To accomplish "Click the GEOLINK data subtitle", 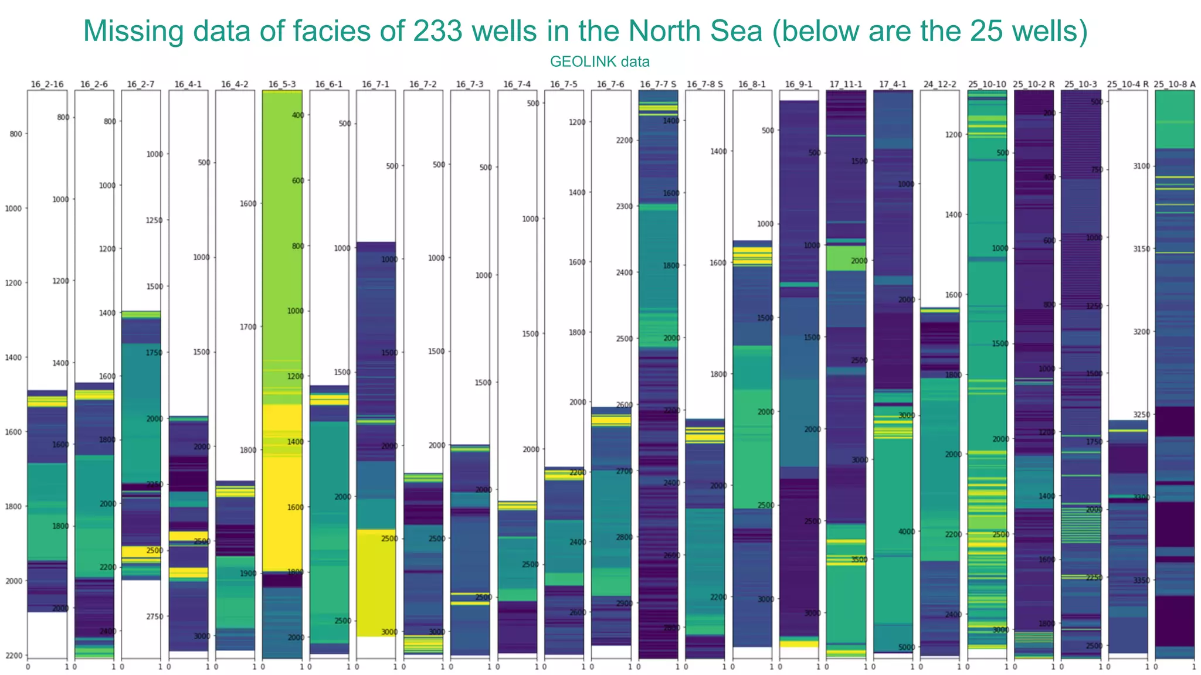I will coord(599,62).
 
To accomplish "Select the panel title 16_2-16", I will coord(47,84).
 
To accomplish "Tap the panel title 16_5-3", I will coord(282,84).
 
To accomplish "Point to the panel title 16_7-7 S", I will coord(658,84).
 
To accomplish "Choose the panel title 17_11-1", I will coord(846,84).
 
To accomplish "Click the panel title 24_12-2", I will coord(939,84).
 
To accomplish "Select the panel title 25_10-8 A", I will coord(1175,84).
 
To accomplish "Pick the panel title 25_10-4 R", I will coord(1128,84).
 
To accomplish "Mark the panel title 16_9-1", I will coord(799,84).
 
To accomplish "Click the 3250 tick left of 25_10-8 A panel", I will coord(1141,415).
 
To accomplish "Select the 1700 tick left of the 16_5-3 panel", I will coord(248,327).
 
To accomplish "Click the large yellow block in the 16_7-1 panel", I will coord(376,583).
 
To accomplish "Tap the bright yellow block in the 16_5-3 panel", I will coord(282,486).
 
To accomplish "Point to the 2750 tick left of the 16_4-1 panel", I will coord(155,617).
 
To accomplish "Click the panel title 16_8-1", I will coord(752,84).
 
